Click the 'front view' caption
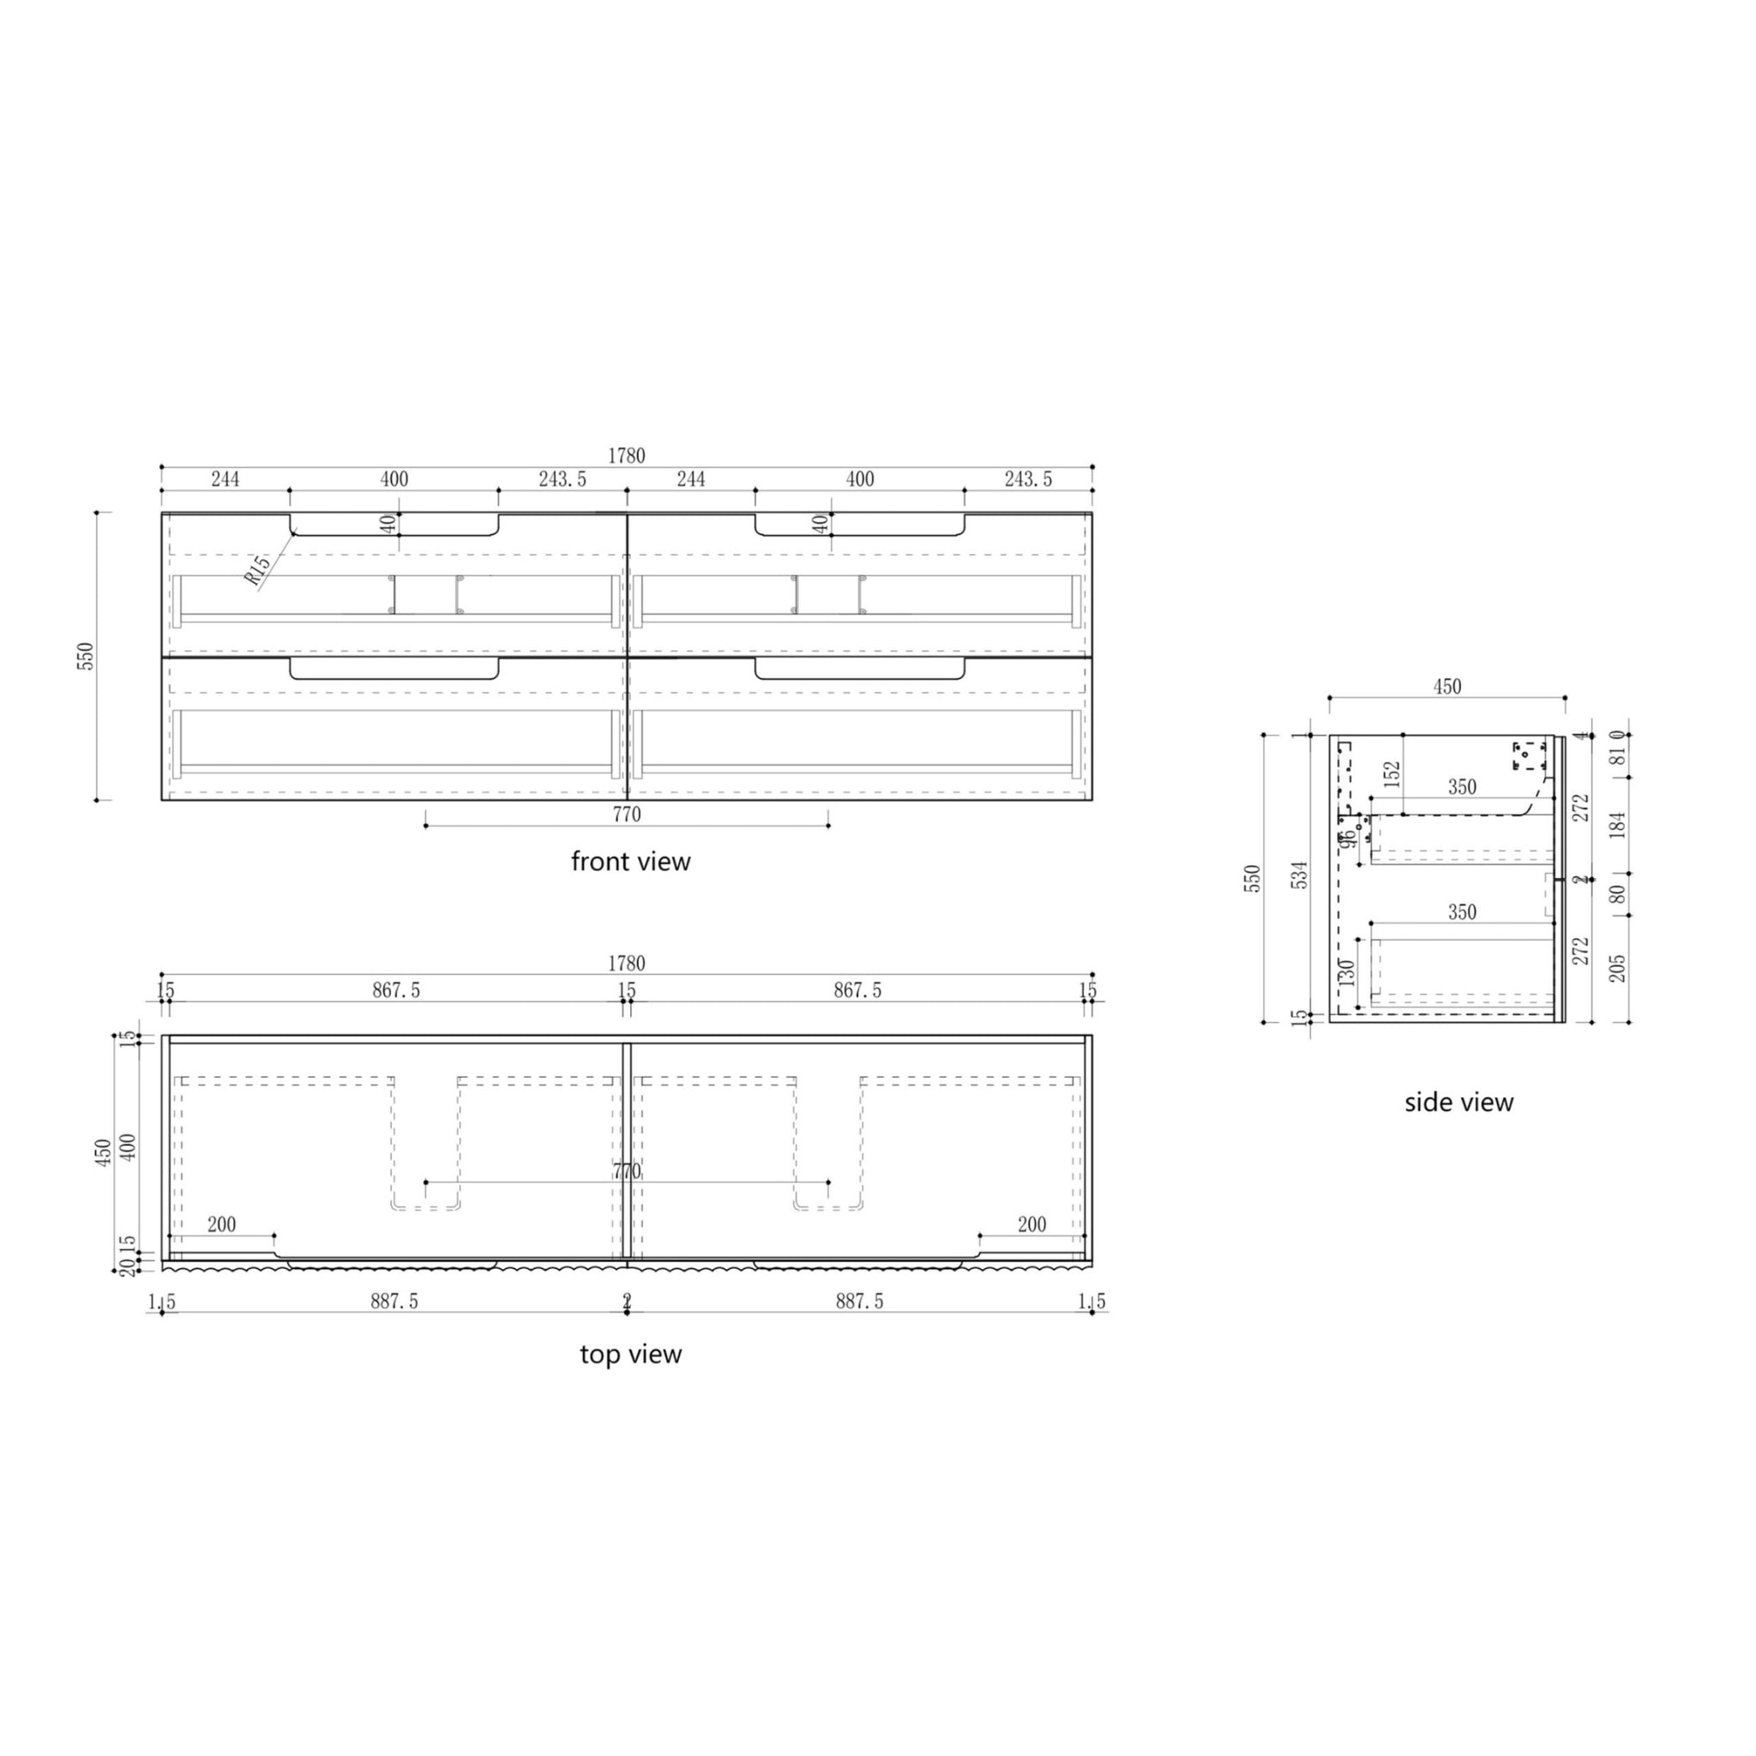[631, 862]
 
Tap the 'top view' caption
[631, 1354]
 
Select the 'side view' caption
[1458, 1103]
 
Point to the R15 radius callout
[257, 570]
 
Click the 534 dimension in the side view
[1301, 875]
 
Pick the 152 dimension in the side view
[1392, 773]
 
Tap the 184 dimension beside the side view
[1617, 824]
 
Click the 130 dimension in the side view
[1347, 971]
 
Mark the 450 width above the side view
[1447, 687]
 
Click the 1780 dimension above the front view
[626, 456]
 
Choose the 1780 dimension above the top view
[626, 963]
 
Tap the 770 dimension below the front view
[626, 815]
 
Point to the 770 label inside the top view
[626, 1172]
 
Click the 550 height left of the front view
[86, 656]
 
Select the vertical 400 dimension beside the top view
[128, 1150]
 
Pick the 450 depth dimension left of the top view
[105, 1152]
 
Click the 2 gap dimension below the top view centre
[626, 1302]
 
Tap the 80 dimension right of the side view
[1617, 894]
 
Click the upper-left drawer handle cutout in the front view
[394, 525]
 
